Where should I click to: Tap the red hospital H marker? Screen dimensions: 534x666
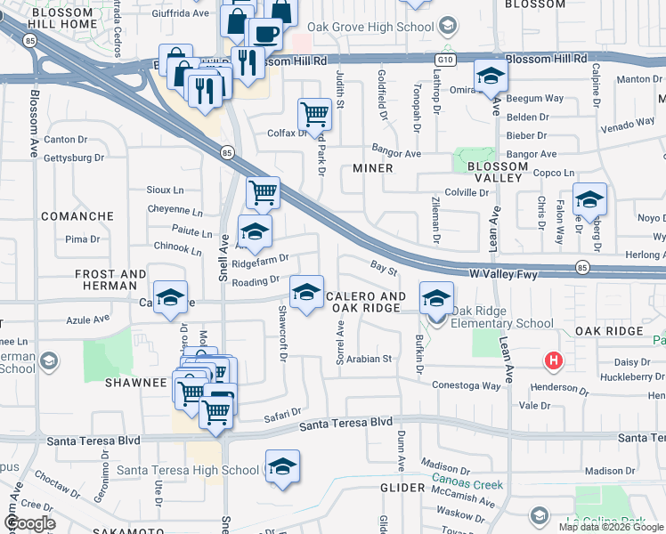(554, 360)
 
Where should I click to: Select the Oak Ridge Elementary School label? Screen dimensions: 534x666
(503, 317)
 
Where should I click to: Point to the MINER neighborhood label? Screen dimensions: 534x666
(373, 167)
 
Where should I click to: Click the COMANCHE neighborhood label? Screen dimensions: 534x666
(76, 216)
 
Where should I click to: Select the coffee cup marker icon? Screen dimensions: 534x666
(264, 35)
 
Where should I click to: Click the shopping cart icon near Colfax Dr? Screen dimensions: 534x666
(313, 114)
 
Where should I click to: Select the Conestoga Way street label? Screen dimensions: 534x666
(467, 385)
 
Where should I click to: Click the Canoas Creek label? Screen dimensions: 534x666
(467, 485)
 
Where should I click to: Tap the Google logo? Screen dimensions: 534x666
(30, 522)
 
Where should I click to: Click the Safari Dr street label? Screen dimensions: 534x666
(283, 414)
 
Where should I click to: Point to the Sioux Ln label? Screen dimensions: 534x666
(165, 190)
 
